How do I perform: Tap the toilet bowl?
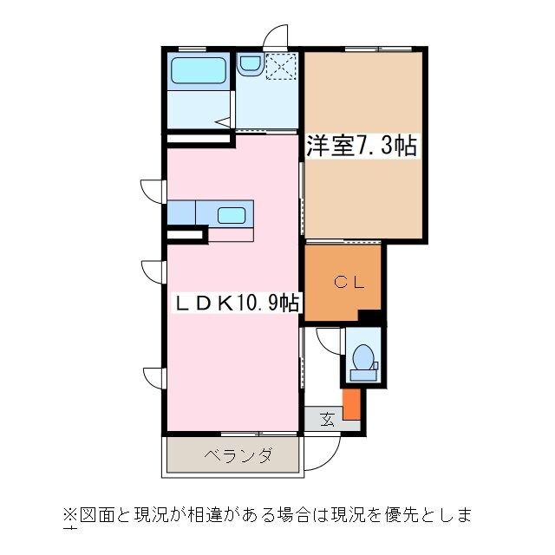(x=364, y=358)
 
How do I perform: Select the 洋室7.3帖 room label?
(x=361, y=146)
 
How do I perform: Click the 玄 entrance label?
(x=327, y=420)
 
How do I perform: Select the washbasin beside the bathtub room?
(x=251, y=63)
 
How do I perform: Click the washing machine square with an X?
(x=282, y=66)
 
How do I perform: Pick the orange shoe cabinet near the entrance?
(x=351, y=404)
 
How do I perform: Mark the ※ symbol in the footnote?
(x=69, y=514)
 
